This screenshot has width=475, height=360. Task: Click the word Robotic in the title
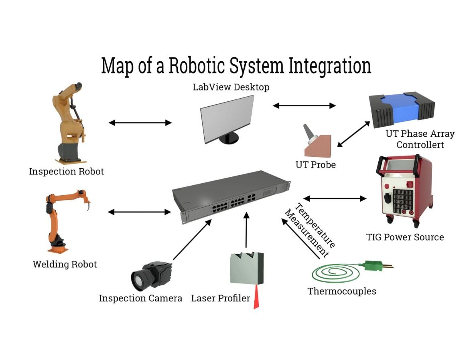click(197, 65)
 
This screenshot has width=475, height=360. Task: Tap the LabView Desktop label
click(231, 87)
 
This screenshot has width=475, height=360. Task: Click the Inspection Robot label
click(66, 171)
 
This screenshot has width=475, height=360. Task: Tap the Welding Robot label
click(65, 264)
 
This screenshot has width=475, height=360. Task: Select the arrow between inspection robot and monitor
click(140, 123)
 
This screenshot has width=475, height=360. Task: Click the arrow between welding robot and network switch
click(139, 212)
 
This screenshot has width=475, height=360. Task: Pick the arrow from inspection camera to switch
click(192, 239)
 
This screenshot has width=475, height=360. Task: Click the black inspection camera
click(152, 275)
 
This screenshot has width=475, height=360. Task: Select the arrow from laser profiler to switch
click(246, 230)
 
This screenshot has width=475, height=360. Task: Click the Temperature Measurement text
click(310, 230)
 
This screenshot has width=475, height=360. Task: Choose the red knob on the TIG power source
click(409, 184)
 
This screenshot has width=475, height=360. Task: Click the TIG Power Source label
click(405, 237)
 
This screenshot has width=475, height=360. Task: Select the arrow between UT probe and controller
click(353, 134)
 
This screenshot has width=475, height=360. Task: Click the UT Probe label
click(316, 165)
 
